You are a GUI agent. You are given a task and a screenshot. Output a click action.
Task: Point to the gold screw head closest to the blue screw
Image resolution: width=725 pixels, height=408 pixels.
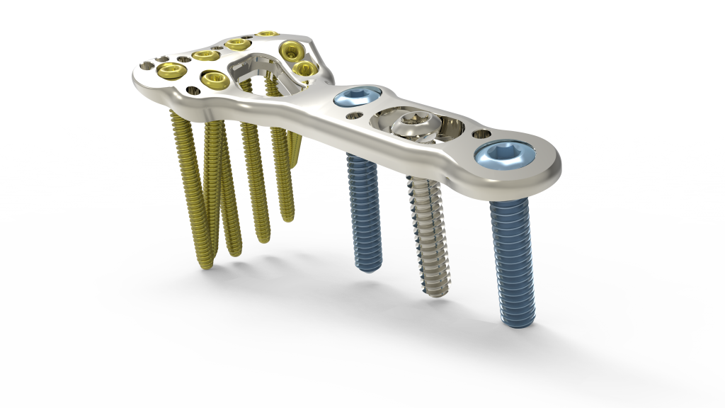click(304, 68)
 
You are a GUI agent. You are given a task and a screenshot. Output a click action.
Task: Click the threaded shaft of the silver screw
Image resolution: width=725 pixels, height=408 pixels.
click(430, 234)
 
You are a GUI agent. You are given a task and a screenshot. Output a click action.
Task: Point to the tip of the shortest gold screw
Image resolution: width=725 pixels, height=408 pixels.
click(287, 216)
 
